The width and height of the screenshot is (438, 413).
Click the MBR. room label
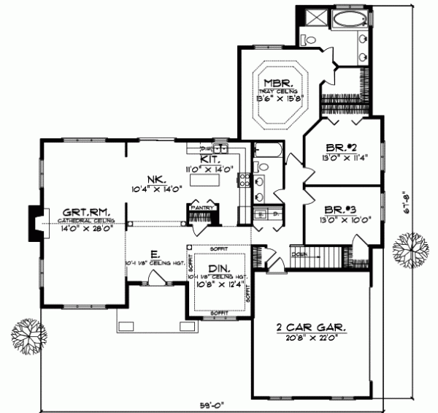pos(278,83)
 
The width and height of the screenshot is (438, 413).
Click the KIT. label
pos(210,159)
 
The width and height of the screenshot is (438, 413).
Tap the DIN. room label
pos(220,268)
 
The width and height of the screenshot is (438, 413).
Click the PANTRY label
pos(202,208)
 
